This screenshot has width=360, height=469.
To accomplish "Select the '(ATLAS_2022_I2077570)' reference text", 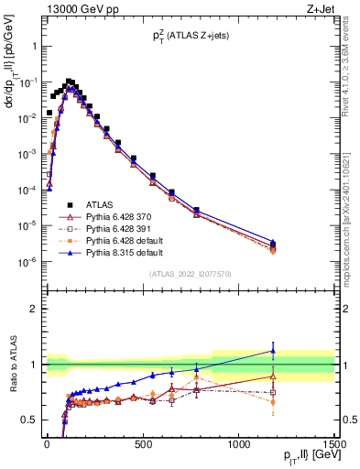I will [x=189, y=274].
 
